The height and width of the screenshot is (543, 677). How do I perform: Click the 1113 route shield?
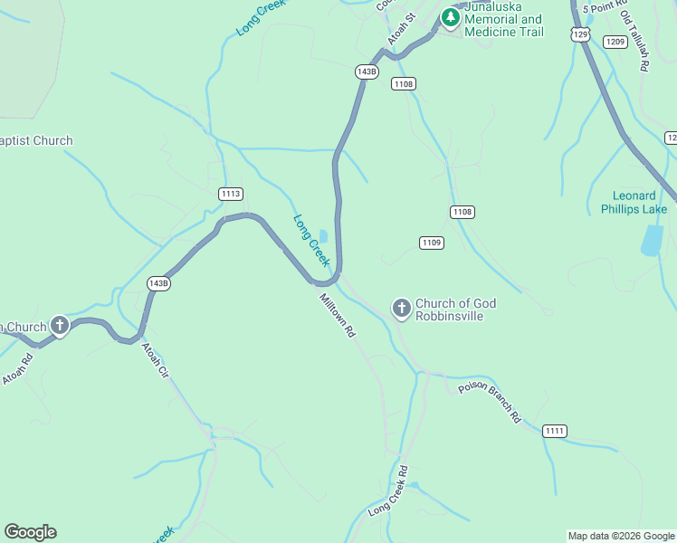231,194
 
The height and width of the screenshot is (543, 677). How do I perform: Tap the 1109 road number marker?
432,243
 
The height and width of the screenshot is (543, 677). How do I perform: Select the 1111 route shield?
555,431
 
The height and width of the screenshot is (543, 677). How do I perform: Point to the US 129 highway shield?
581,33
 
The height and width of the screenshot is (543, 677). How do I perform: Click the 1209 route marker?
615,42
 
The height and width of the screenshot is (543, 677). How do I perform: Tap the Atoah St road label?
400,29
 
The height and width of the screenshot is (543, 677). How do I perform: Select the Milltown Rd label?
337,316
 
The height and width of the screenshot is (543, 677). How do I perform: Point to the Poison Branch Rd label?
490,402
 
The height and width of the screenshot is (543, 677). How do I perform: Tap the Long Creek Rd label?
389,491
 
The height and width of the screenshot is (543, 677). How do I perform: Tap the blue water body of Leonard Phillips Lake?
652,240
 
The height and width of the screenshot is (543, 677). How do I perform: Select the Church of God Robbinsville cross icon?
401,309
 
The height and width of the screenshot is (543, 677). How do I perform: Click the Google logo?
30,532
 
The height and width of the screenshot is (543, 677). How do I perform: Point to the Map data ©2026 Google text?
621,536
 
